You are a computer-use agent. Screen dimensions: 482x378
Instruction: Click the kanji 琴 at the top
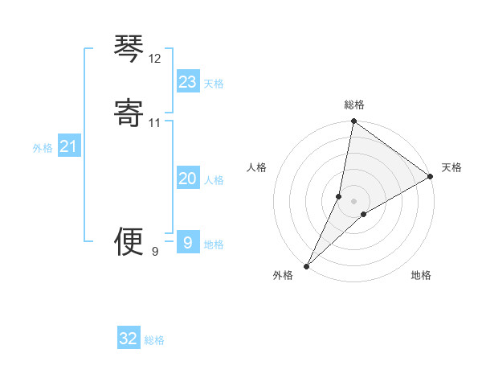[x=129, y=49]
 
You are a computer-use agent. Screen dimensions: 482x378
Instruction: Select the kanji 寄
[x=129, y=112]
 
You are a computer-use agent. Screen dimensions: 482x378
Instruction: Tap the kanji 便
[x=129, y=241]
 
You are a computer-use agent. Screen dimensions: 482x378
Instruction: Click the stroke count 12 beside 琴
[x=155, y=59]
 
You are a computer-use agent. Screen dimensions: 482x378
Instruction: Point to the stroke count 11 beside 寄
[x=155, y=122]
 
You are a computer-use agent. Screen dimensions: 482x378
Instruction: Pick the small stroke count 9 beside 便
[x=155, y=252]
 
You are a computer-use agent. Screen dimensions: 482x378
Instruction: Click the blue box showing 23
[x=188, y=81]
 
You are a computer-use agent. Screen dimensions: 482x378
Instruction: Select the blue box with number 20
[x=188, y=179]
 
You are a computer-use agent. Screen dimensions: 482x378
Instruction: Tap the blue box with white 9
[x=188, y=242]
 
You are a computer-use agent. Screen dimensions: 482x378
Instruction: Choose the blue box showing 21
[x=69, y=146]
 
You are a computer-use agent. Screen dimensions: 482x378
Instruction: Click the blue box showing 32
[x=129, y=339]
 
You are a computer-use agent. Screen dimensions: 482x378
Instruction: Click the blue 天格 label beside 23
[x=214, y=84]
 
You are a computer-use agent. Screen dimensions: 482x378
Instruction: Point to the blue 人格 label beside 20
[x=214, y=180]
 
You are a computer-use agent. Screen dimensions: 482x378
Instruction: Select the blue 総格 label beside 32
[x=154, y=341]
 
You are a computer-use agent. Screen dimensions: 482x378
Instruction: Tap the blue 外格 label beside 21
[x=43, y=148]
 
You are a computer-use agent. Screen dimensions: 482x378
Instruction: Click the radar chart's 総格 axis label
[x=354, y=105]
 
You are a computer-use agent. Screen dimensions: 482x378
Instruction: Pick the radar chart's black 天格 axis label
[x=451, y=167]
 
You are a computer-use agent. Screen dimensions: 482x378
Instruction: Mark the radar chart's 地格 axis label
[x=421, y=275]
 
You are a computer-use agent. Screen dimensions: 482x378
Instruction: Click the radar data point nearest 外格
[x=306, y=266]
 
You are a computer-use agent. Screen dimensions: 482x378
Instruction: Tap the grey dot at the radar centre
[x=354, y=200]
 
